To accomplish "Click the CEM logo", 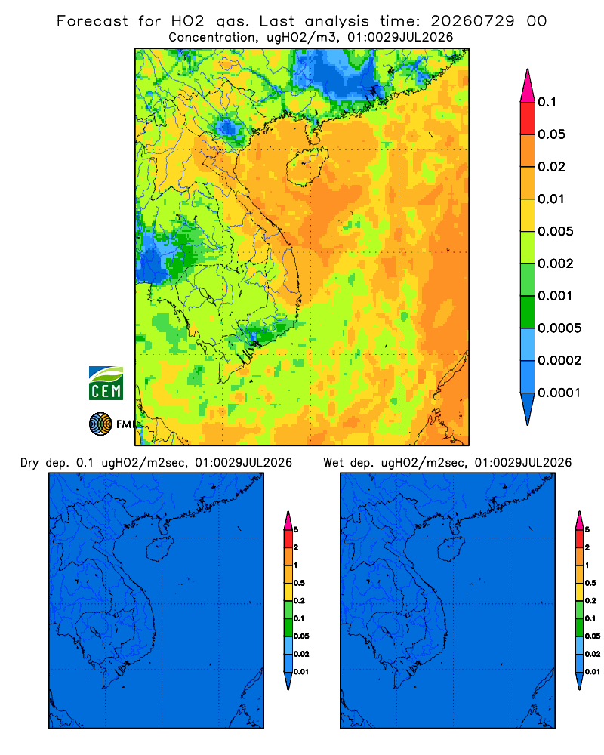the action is tap(106, 383).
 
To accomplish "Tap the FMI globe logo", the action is tap(100, 424).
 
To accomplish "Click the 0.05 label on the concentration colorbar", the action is tap(551, 134).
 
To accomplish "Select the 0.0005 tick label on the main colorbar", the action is tap(559, 328).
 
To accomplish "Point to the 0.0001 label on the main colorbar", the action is tap(559, 393).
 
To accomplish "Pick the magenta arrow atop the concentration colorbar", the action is tap(528, 85).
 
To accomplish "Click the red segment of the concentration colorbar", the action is tap(528, 119).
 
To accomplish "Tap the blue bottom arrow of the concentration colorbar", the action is tap(528, 408).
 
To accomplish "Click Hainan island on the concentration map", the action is tap(307, 166).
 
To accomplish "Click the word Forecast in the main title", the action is tap(92, 21).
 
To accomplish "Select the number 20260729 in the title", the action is tap(472, 21).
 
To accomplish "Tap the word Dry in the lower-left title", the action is tap(29, 463).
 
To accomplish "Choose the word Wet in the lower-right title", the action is tap(334, 463).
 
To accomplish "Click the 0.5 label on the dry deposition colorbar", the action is tap(299, 583).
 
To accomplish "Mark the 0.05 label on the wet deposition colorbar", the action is tap(593, 636).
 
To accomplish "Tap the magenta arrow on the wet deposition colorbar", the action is tap(579, 520).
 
